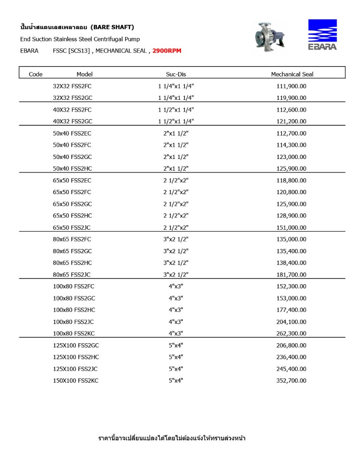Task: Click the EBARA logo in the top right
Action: (x=322, y=34)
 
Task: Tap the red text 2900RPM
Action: (x=167, y=51)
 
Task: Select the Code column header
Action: (x=36, y=74)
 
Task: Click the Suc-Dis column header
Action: (x=176, y=74)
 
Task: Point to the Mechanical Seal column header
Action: (x=292, y=74)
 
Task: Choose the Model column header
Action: (x=84, y=74)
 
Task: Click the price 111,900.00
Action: (x=292, y=86)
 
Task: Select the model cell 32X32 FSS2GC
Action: (x=72, y=98)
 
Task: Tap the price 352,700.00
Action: (x=292, y=381)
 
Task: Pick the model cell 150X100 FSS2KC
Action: (x=75, y=381)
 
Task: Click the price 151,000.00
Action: (x=292, y=227)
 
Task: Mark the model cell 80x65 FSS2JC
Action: (x=72, y=275)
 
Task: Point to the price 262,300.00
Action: (x=292, y=333)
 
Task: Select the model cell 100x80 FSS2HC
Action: (x=74, y=310)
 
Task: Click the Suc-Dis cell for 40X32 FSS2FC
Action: (x=176, y=110)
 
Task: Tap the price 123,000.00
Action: (x=292, y=157)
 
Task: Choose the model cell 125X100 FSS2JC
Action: (x=75, y=369)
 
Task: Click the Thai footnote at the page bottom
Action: (x=172, y=438)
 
